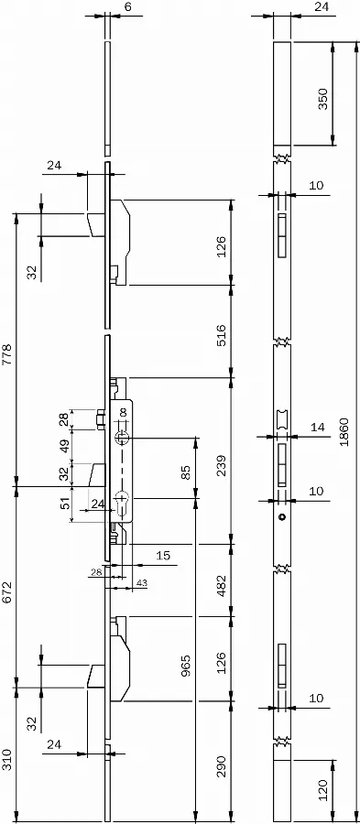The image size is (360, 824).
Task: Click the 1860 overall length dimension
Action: click(x=344, y=432)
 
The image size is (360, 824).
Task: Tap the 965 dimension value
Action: click(x=186, y=666)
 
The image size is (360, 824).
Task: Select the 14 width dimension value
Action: click(x=318, y=428)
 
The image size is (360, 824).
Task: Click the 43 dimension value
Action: click(x=142, y=583)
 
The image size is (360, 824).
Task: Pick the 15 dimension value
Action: click(x=163, y=556)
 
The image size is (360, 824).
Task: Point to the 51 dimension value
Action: click(x=65, y=504)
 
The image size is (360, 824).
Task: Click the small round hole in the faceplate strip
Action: click(x=282, y=517)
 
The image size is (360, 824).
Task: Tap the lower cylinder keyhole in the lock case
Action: click(x=122, y=501)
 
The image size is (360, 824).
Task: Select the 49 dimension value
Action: click(x=65, y=446)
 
